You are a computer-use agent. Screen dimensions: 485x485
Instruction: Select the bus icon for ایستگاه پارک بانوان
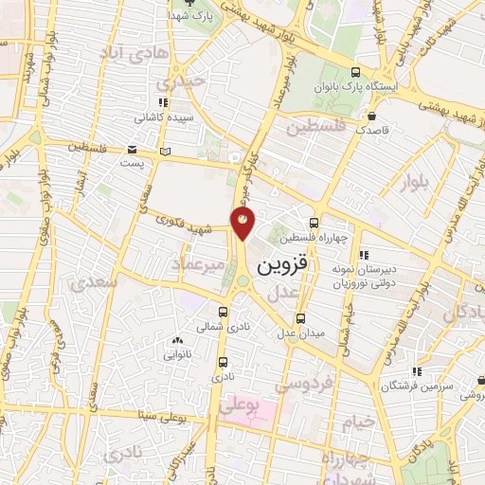354,72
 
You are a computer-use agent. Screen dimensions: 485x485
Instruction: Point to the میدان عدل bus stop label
301,332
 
